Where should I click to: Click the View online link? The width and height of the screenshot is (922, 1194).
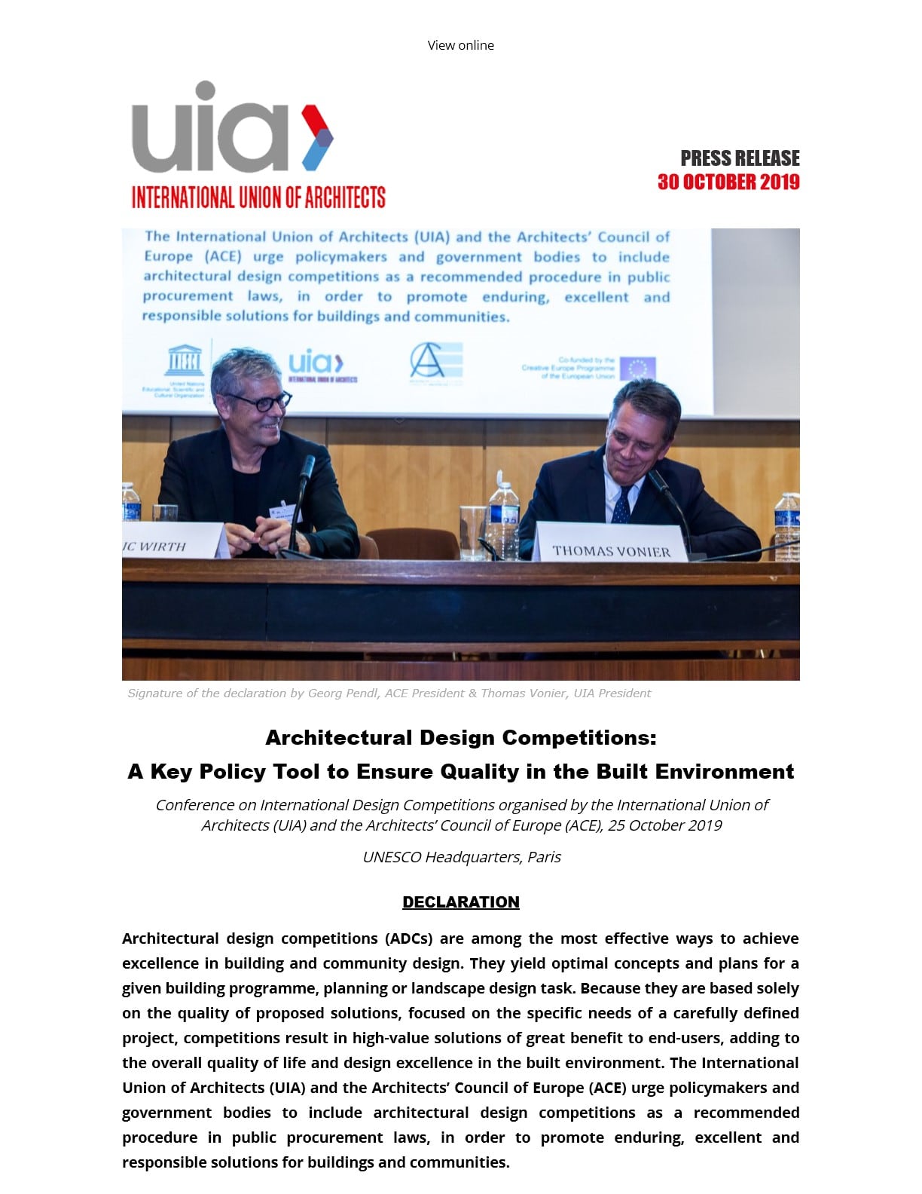tap(460, 45)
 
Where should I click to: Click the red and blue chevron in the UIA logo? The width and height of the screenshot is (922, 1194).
tap(316, 137)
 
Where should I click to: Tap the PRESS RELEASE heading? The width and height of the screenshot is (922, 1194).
tap(740, 158)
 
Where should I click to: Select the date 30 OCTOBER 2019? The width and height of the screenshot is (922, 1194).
tap(728, 182)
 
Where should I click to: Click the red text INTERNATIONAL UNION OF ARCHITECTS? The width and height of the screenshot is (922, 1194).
tap(258, 197)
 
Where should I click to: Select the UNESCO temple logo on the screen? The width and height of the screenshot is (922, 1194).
tap(184, 361)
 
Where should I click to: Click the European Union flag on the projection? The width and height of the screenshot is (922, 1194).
tap(637, 369)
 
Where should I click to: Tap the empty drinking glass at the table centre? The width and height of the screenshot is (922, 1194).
tap(473, 531)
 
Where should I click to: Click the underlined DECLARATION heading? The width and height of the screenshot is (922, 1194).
tap(461, 902)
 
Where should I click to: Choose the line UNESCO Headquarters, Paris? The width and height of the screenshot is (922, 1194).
tap(461, 857)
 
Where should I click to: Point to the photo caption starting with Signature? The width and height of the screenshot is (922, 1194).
tap(389, 693)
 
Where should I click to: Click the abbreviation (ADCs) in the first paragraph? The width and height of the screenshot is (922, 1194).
tap(408, 938)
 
